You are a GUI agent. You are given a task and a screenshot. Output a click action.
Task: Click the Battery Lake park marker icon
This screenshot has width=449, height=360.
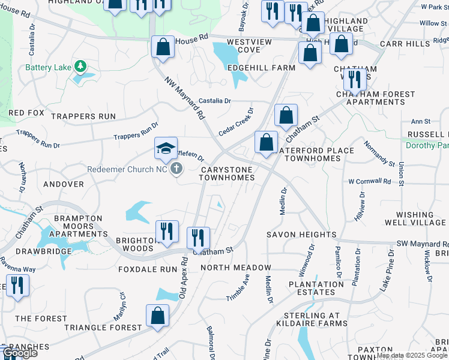click(79, 66)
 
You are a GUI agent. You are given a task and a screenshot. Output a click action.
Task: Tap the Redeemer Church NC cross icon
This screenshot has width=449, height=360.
click(176, 169)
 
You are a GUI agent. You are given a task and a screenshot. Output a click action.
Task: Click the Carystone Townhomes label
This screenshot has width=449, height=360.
click(227, 174)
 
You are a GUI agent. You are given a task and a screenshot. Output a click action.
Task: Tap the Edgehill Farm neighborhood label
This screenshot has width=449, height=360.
click(261, 68)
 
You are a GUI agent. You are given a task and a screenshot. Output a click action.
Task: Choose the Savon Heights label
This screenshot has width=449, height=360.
click(293, 235)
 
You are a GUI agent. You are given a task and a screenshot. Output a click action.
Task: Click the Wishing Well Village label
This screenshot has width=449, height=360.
click(421, 218)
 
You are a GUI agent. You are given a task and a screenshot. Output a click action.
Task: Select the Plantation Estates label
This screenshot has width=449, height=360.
click(316, 288)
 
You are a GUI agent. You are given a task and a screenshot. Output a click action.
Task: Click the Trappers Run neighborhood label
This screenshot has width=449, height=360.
click(83, 116)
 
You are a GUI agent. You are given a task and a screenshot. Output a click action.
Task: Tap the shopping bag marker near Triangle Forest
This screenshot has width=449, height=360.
click(157, 315)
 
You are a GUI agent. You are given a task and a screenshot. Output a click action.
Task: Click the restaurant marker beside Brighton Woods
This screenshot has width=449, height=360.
click(166, 231)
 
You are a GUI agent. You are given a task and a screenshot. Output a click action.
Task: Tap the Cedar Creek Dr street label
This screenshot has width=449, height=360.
click(237, 122)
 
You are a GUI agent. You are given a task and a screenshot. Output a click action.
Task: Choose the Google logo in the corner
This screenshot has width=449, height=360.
click(20, 353)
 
